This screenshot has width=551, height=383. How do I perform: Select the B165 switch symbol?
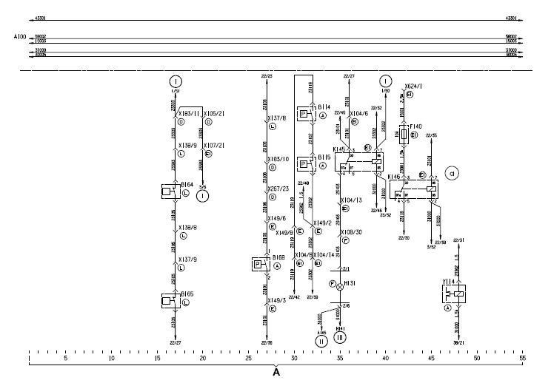pyautogui.click(x=170, y=299)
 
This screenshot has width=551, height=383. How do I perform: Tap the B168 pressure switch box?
pyautogui.click(x=259, y=265)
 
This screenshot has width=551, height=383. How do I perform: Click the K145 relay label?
pyautogui.click(x=340, y=150)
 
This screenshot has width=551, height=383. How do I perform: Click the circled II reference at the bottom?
pyautogui.click(x=321, y=342)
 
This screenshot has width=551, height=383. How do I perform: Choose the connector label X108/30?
pyautogui.click(x=350, y=232)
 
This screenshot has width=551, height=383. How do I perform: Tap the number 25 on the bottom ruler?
pyautogui.click(x=248, y=358)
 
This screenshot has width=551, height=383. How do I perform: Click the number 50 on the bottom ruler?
pyautogui.click(x=477, y=358)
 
